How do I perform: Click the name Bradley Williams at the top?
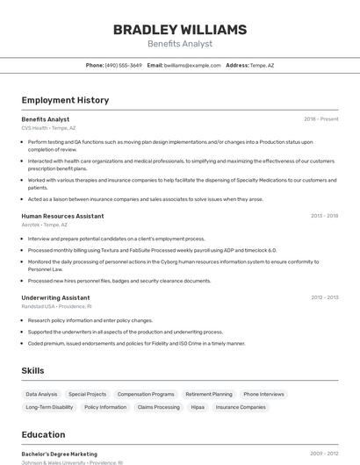pyautogui.click(x=180, y=30)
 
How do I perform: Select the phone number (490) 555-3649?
pyautogui.click(x=123, y=65)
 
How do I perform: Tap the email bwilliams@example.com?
pyautogui.click(x=192, y=65)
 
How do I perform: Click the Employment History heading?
pyautogui.click(x=65, y=100)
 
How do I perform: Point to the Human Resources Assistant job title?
pyautogui.click(x=62, y=216)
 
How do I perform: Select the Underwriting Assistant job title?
pyautogui.click(x=55, y=297)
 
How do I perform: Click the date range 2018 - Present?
pyautogui.click(x=320, y=119)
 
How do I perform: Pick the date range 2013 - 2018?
pyautogui.click(x=324, y=216)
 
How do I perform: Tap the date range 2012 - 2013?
pyautogui.click(x=324, y=297)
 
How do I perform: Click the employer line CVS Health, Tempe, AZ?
pyautogui.click(x=48, y=128)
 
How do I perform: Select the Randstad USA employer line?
pyautogui.click(x=56, y=306)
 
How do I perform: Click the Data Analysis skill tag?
pyautogui.click(x=41, y=395)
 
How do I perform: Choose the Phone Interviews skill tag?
pyautogui.click(x=263, y=395)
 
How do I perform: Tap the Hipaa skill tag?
pyautogui.click(x=198, y=407)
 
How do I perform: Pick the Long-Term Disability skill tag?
pyautogui.click(x=49, y=407)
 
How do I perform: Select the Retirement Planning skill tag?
pyautogui.click(x=209, y=395)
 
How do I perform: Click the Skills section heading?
pyautogui.click(x=32, y=371)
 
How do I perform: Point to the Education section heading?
pyautogui.click(x=43, y=434)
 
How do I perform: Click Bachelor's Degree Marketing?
pyautogui.click(x=59, y=454)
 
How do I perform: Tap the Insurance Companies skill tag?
pyautogui.click(x=241, y=407)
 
